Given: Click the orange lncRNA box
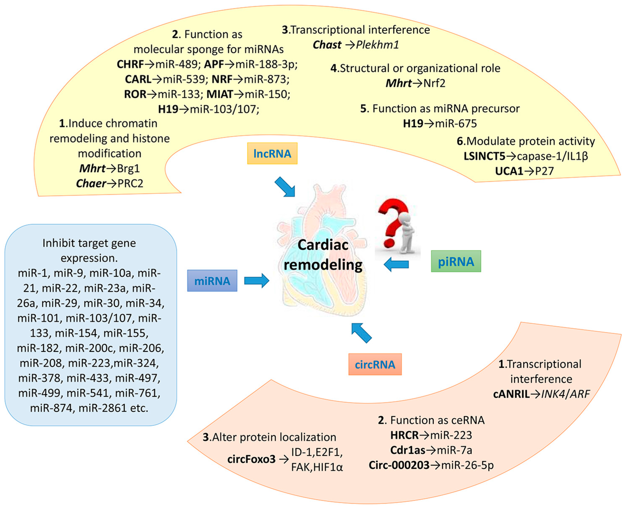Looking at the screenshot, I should click(272, 153).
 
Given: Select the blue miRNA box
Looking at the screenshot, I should click(212, 281).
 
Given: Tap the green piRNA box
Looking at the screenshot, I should click(456, 261).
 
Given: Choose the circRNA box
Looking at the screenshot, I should click(375, 364).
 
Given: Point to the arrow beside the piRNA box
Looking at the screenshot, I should click(397, 264).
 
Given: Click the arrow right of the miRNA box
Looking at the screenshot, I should click(257, 281).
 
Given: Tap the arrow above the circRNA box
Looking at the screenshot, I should click(361, 333).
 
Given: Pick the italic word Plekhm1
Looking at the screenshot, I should click(377, 45).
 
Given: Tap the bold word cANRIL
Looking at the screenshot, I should click(511, 394).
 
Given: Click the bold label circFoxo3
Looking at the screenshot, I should click(251, 459).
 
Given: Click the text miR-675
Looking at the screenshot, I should click(456, 123).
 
